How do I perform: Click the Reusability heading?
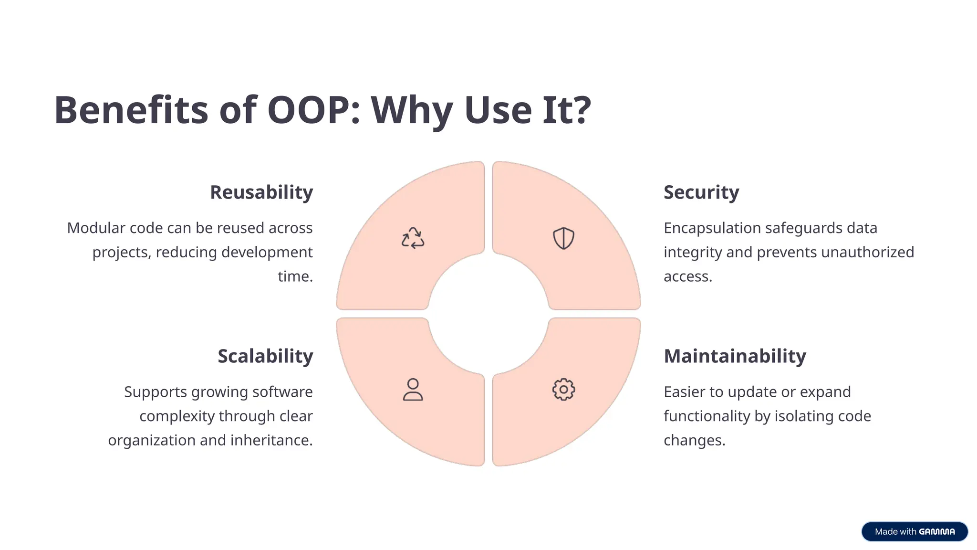click(x=261, y=192)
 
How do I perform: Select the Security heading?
click(x=701, y=192)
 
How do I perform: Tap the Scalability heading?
click(x=265, y=356)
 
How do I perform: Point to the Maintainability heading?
click(x=735, y=356)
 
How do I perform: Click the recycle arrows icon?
click(x=413, y=238)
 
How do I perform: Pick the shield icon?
click(x=563, y=238)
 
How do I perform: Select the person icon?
click(x=413, y=389)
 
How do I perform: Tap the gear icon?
click(x=563, y=390)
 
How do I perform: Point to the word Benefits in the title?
click(x=131, y=110)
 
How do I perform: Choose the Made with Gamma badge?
click(x=915, y=531)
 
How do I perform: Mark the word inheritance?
click(x=272, y=440)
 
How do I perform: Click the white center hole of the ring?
click(x=488, y=314)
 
